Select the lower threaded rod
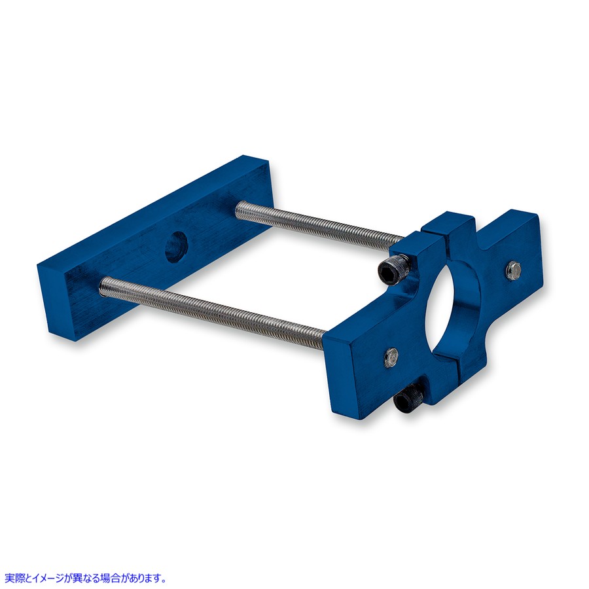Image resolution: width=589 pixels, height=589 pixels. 212,306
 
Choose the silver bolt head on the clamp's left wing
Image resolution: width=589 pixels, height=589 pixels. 391,356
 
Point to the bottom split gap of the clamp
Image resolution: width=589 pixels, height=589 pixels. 451,362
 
